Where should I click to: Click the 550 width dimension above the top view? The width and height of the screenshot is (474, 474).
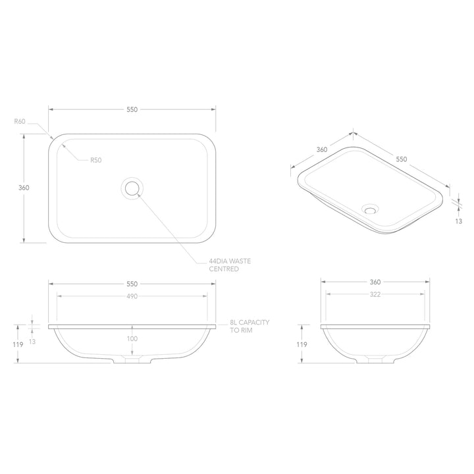point(132,109)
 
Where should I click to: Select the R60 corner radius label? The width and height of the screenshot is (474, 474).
point(20,121)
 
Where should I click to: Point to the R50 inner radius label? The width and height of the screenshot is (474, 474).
point(96,159)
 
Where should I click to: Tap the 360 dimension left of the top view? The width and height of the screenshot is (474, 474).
point(24,188)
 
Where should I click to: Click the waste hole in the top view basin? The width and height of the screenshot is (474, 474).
point(132,188)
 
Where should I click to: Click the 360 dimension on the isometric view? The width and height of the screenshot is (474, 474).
point(322,149)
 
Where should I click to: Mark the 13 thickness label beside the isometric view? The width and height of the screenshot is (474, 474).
point(458,221)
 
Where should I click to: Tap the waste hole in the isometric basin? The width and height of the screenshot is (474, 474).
point(371,211)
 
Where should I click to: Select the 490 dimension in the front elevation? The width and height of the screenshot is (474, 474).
point(132,296)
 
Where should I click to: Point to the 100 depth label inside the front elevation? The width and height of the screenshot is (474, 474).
point(132,338)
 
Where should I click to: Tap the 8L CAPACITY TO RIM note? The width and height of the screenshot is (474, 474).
point(250,327)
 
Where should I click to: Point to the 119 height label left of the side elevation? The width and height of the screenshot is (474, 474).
point(302,344)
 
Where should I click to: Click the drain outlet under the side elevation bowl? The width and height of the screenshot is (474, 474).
point(376,361)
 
